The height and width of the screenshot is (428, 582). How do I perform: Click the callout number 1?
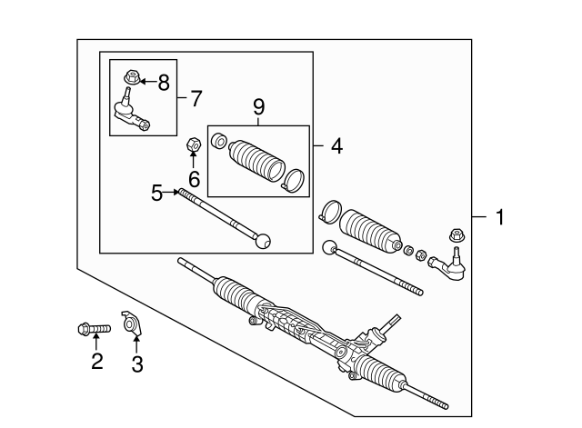point(499,217)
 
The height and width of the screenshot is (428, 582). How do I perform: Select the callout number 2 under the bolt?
point(96,363)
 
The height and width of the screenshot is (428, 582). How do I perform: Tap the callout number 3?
point(137,363)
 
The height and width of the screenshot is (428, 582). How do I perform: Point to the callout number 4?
point(336,145)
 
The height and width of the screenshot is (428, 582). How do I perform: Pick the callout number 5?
point(157,192)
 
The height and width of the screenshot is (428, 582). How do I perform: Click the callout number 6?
point(193,179)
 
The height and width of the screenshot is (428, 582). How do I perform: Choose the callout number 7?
point(196,97)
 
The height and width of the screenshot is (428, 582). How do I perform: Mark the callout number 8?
point(163,83)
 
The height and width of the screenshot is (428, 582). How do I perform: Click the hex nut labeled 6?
point(193,144)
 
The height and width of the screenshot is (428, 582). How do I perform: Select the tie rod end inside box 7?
point(129,112)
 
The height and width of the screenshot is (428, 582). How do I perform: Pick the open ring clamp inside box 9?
point(295,179)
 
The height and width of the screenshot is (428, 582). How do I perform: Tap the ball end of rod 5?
point(265,241)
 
